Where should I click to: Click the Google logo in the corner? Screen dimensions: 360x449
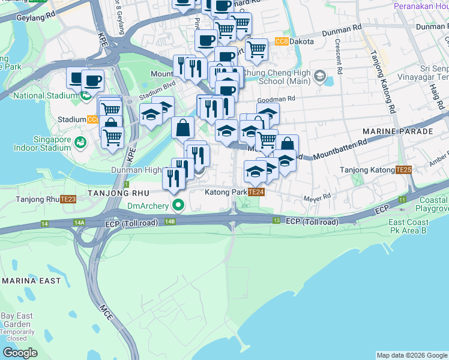pyautogui.click(x=20, y=353)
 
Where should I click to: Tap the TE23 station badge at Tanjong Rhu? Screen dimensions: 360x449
pyautogui.click(x=68, y=199)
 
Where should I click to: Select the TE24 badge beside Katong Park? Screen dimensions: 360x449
pyautogui.click(x=256, y=192)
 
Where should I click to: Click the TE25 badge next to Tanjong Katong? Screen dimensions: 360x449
pyautogui.click(x=403, y=170)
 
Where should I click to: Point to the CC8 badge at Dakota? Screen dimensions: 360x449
pyautogui.click(x=281, y=41)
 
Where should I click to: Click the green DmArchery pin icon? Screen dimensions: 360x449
pyautogui.click(x=178, y=206)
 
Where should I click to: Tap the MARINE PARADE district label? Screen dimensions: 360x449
pyautogui.click(x=397, y=131)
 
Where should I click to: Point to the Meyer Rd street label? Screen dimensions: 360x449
pyautogui.click(x=318, y=196)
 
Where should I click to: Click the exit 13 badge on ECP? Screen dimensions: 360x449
pyautogui.click(x=276, y=221)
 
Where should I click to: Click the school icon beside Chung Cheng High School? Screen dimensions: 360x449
pyautogui.click(x=319, y=77)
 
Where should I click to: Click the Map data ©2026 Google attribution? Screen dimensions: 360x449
pyautogui.click(x=412, y=355)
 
